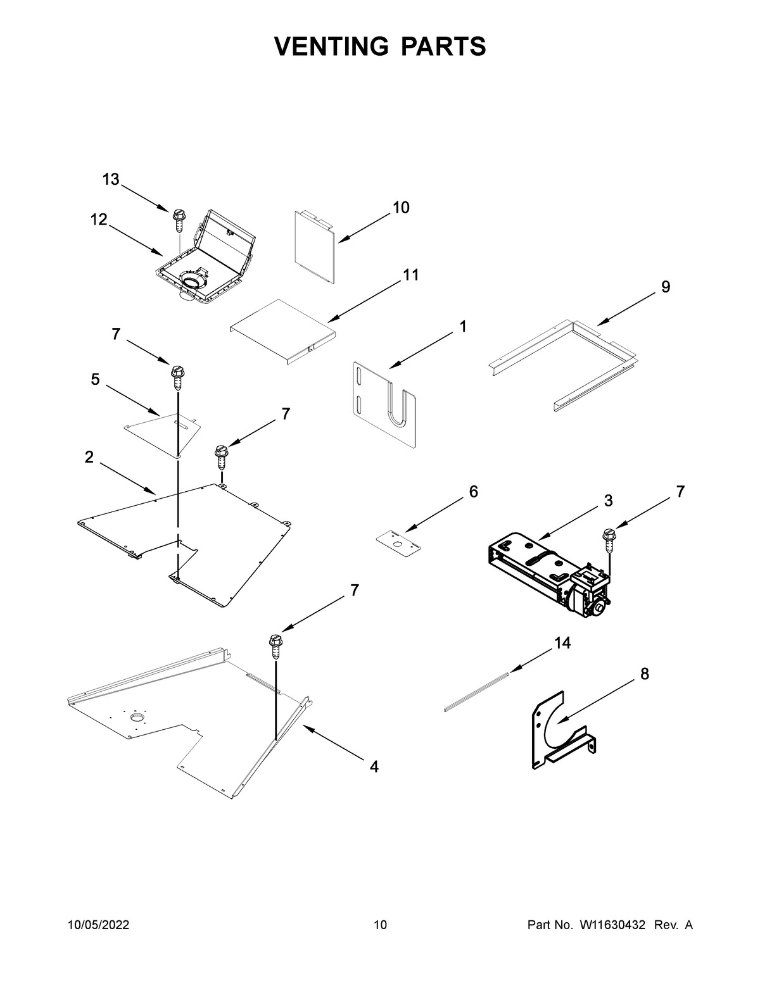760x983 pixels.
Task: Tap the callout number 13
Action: click(111, 180)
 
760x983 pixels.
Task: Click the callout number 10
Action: click(401, 207)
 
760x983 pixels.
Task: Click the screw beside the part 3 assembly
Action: click(609, 539)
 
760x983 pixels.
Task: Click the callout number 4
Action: click(374, 767)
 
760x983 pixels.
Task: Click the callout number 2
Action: click(89, 457)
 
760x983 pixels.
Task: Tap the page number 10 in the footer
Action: click(380, 925)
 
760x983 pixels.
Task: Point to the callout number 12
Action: click(98, 219)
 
